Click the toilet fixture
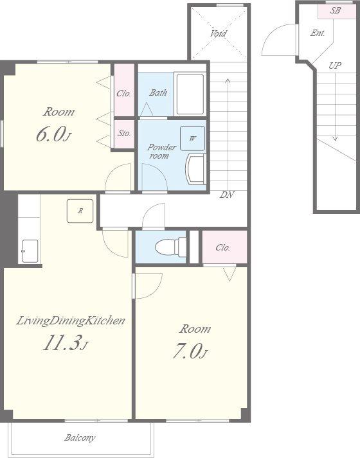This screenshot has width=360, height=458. [170, 247]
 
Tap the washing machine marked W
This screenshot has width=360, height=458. [192, 139]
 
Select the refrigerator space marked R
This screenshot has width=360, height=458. [80, 211]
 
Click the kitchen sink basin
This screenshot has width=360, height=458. [30, 251]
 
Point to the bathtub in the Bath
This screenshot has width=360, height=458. [190, 94]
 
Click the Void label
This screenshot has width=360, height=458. [218, 33]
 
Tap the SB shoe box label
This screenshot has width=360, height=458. [335, 10]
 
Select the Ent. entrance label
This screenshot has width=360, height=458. [318, 33]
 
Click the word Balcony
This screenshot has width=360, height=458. [80, 438]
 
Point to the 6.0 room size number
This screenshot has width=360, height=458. [53, 135]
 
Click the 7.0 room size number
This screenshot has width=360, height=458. [190, 351]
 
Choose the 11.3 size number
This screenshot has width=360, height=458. [66, 343]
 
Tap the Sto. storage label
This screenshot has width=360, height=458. [124, 134]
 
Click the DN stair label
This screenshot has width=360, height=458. [227, 195]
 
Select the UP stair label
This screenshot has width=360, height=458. [335, 66]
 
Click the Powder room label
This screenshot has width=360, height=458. [161, 152]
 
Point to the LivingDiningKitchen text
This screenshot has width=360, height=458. [70, 321]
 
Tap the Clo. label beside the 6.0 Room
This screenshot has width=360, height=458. [124, 94]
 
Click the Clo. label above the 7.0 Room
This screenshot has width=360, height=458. [223, 248]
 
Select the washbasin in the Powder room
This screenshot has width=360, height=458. [195, 170]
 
